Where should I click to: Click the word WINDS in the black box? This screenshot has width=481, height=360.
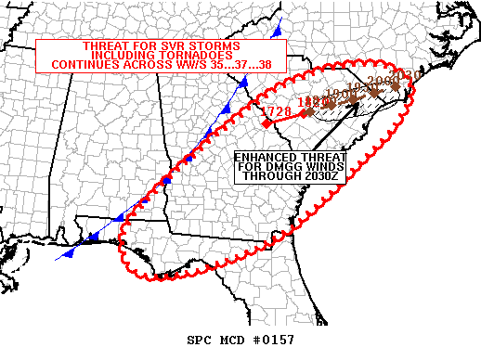pos(316,167)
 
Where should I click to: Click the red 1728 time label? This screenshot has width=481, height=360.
pos(277,112)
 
